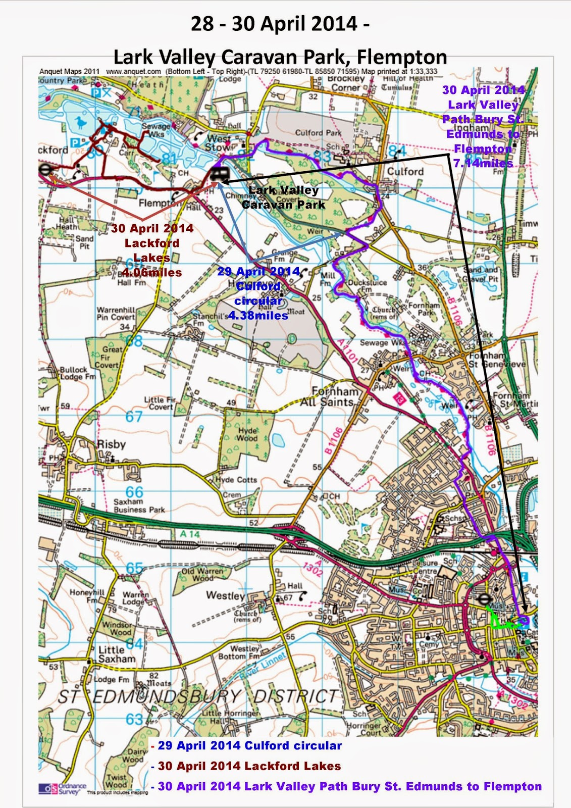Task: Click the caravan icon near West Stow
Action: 220,175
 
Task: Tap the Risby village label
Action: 111,444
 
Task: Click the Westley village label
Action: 225,595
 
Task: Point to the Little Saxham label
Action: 116,654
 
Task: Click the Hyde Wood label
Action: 247,434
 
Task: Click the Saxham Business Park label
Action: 139,506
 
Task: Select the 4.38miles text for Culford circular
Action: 258,316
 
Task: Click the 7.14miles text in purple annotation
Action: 483,163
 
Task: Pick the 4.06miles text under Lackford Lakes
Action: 151,273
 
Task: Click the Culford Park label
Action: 318,133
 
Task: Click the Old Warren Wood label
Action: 202,575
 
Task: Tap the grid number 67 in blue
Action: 134,417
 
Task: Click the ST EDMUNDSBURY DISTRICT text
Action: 197,697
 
